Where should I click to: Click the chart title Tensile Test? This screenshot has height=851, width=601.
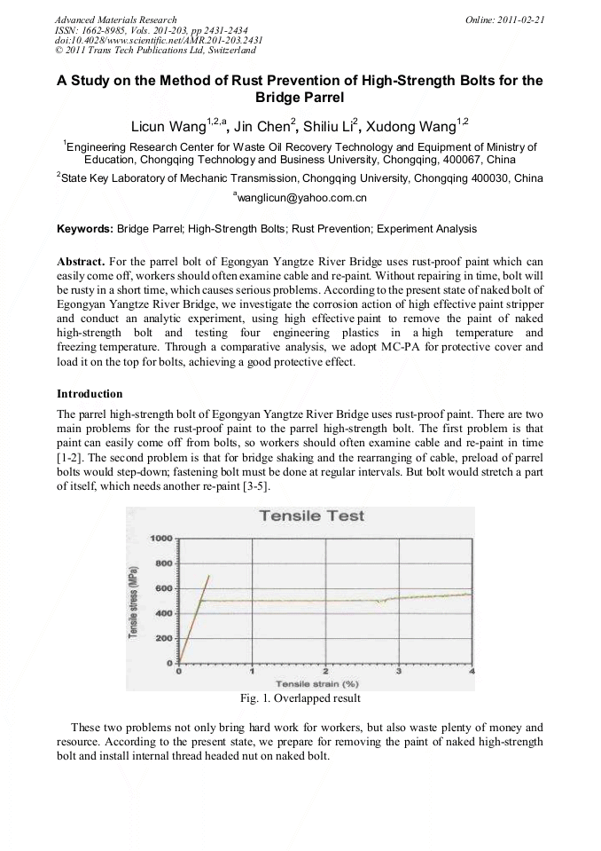[x=311, y=516]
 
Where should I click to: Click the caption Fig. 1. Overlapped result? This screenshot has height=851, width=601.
[x=300, y=697]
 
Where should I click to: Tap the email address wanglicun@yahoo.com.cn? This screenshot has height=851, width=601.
[x=301, y=198]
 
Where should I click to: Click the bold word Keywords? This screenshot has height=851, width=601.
[x=84, y=229]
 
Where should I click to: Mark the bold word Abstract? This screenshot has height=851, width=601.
[x=82, y=262]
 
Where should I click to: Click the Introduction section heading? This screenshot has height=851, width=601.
[x=90, y=393]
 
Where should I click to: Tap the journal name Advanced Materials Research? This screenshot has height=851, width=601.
[x=115, y=19]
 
